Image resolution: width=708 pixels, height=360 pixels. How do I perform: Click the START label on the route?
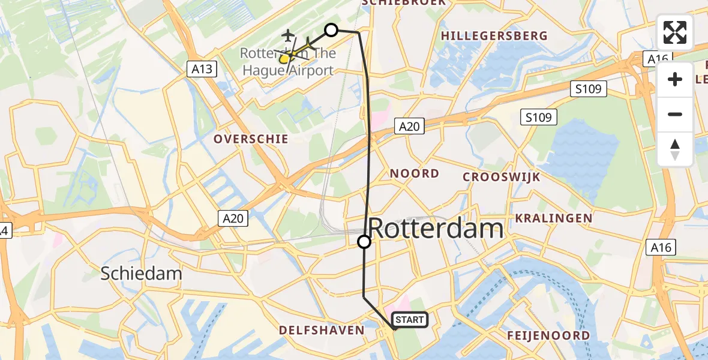(410, 320)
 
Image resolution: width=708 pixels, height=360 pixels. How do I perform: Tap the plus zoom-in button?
(675, 79)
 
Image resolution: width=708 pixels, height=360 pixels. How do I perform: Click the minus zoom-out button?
(675, 114)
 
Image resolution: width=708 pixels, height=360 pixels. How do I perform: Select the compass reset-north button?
(675, 149)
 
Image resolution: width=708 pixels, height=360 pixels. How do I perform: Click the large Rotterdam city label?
(435, 229)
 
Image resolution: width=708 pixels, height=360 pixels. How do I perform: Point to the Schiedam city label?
(141, 274)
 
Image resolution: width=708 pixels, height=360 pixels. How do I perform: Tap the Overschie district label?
(251, 139)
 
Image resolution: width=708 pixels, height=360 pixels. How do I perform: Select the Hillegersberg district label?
(494, 36)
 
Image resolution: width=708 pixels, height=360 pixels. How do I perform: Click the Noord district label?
(415, 173)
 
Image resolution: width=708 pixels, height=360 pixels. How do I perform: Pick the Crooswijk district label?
(502, 177)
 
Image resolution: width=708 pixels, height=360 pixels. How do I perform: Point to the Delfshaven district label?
(322, 331)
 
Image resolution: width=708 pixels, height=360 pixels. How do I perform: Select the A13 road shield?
(202, 69)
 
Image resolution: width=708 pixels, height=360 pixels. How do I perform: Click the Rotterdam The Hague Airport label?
(287, 62)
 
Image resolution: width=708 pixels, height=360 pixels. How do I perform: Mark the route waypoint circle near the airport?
(331, 29)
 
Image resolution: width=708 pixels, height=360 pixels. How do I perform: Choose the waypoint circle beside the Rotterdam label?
(364, 242)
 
